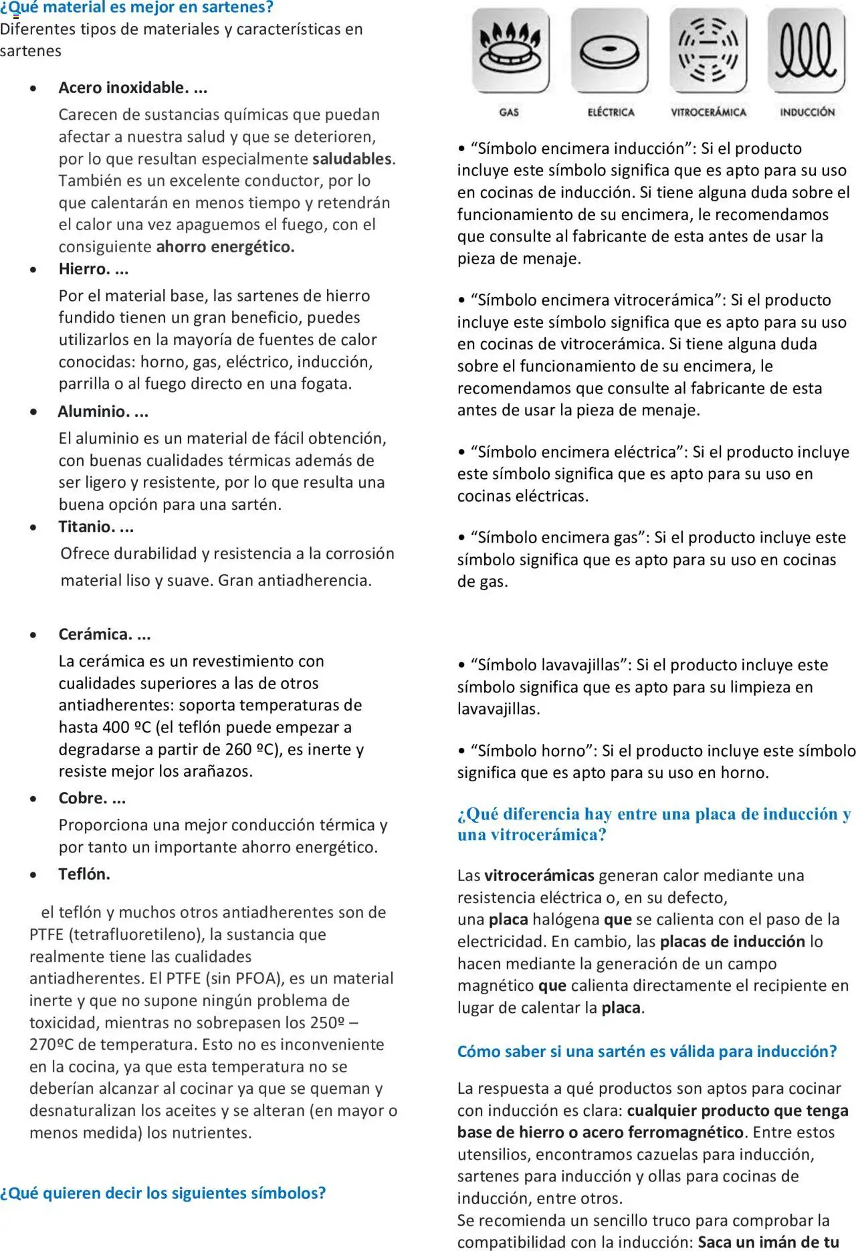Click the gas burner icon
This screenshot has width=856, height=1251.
pyautogui.click(x=510, y=50)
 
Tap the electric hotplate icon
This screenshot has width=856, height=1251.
pyautogui.click(x=609, y=50)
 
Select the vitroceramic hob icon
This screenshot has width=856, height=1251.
pyautogui.click(x=708, y=50)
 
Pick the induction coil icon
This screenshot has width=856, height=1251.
pyautogui.click(x=807, y=50)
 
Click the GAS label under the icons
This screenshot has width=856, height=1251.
pyautogui.click(x=509, y=112)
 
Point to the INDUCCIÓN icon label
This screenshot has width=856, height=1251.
pyautogui.click(x=807, y=112)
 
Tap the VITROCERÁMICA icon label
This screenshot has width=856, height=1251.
pyautogui.click(x=708, y=112)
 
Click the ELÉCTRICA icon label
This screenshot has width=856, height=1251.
pyautogui.click(x=611, y=112)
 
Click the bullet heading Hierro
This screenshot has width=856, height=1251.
pyautogui.click(x=93, y=269)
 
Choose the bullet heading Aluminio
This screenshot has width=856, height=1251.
pyautogui.click(x=102, y=411)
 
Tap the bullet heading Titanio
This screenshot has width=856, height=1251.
pyautogui.click(x=96, y=527)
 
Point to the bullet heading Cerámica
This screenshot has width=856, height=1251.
pyautogui.click(x=104, y=634)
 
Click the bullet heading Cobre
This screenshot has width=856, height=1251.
pyautogui.click(x=92, y=798)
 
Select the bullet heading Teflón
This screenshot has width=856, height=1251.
pyautogui.click(x=84, y=874)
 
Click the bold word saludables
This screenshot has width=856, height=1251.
pyautogui.click(x=352, y=159)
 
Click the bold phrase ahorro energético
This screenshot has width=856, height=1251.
pyautogui.click(x=225, y=247)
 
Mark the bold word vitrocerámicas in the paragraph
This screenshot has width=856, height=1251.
pyautogui.click(x=539, y=876)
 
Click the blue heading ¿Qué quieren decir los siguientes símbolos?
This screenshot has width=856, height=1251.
pyautogui.click(x=163, y=1193)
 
